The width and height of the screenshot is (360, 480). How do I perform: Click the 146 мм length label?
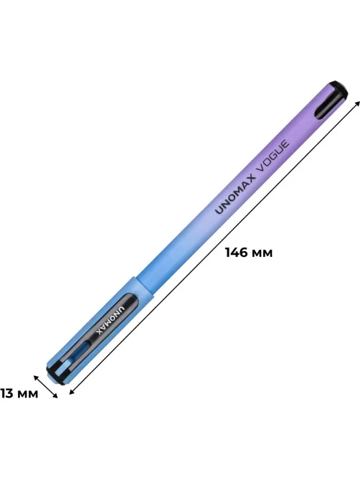(249, 253)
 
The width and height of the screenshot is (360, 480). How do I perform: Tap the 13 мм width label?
(19, 393)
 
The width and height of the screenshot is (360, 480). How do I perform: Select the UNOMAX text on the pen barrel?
(235, 194)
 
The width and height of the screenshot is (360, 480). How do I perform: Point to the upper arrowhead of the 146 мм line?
(356, 103)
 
